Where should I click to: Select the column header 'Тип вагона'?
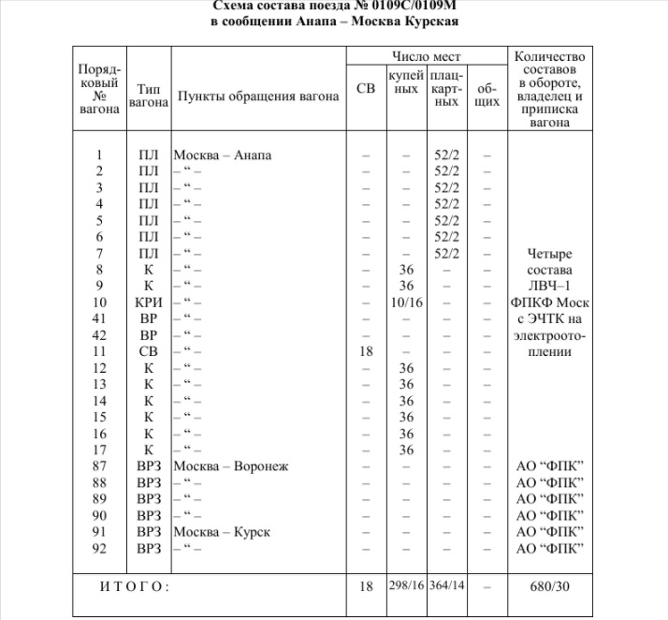click(148, 94)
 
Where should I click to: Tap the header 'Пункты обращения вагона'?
click(258, 96)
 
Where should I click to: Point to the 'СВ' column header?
click(366, 88)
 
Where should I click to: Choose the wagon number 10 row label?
click(100, 303)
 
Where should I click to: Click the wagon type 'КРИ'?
click(148, 303)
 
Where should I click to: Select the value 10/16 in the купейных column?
click(406, 303)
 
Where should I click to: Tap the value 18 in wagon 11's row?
click(366, 352)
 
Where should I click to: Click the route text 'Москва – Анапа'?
click(223, 155)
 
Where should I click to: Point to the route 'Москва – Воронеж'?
click(231, 465)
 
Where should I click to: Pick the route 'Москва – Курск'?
click(222, 532)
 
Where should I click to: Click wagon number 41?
click(100, 318)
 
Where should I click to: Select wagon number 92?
click(100, 548)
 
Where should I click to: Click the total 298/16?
click(406, 586)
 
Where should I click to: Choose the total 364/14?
click(446, 586)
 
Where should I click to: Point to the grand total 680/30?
click(551, 586)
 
